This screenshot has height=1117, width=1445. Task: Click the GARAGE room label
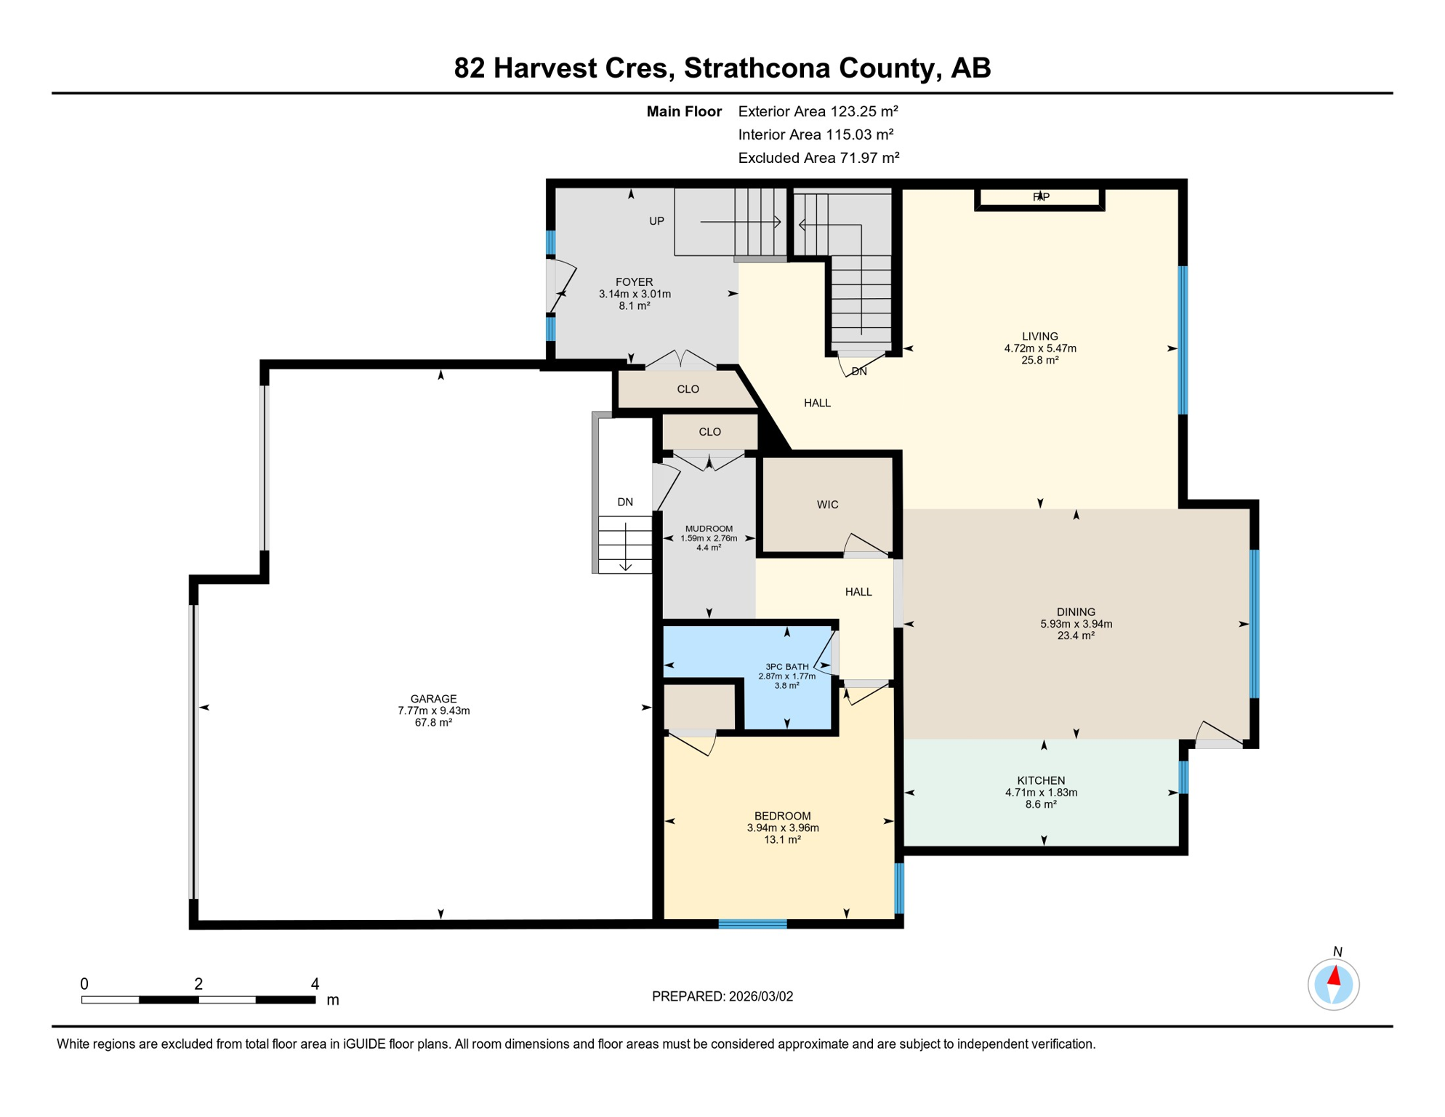point(433,699)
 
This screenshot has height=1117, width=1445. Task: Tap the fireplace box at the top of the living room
point(1039,198)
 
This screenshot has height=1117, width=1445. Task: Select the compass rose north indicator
point(1333,984)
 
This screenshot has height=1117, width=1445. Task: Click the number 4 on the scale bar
point(315,984)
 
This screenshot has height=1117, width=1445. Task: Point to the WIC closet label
point(827,505)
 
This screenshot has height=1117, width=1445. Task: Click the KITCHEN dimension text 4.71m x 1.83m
point(1041,793)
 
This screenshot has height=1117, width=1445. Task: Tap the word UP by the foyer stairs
point(656,221)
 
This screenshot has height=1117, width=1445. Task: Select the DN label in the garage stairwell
point(625,502)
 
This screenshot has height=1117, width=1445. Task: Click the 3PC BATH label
point(786,667)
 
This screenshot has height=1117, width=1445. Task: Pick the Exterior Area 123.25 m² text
point(818,111)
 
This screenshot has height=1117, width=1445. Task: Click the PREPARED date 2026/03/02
point(722,996)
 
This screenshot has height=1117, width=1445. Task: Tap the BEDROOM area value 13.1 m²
point(782,840)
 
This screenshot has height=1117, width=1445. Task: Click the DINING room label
point(1076,612)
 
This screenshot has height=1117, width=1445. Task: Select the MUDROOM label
point(709,529)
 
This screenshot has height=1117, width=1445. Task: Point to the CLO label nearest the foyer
point(688,389)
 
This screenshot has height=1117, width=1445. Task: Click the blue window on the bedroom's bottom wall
point(752,924)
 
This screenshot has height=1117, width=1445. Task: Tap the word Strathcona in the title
point(757,68)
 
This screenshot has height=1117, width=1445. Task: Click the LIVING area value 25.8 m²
point(1039,360)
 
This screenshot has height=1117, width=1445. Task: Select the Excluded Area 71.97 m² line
point(818,158)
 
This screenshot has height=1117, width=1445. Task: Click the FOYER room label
point(634,282)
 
